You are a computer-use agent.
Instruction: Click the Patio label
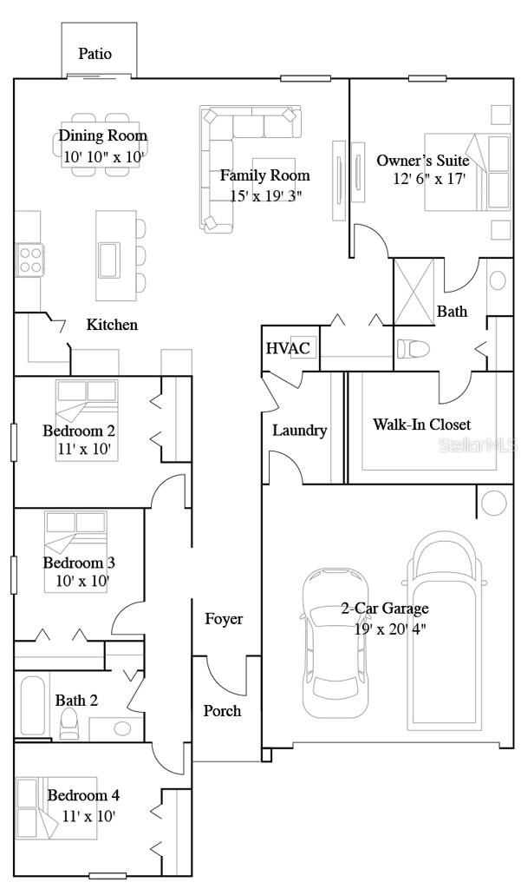(95, 54)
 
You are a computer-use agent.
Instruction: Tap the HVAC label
(288, 349)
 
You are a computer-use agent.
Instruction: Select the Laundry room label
(299, 430)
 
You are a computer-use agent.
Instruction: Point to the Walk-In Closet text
(422, 425)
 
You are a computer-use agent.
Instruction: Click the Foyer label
(224, 619)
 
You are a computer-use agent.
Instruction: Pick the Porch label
(222, 710)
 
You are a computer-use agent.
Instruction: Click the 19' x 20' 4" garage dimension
(390, 629)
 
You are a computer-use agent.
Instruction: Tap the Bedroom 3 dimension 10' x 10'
(76, 581)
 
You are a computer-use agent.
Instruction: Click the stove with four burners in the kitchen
(29, 259)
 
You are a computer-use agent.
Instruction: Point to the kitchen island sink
(109, 259)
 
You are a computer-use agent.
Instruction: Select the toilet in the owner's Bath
(414, 349)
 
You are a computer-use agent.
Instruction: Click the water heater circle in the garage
(493, 503)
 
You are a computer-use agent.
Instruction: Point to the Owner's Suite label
(423, 161)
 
